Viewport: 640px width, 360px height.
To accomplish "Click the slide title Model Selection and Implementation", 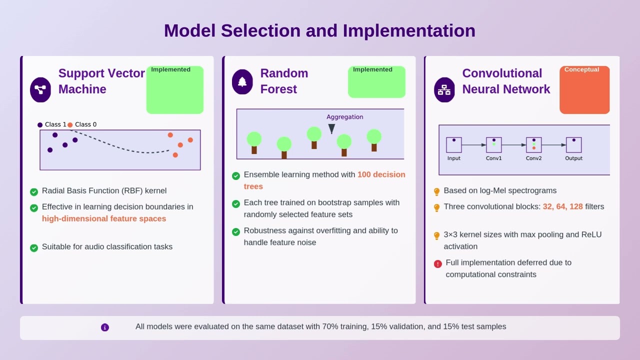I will click(319, 30).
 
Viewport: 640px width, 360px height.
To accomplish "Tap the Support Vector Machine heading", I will click(101, 81).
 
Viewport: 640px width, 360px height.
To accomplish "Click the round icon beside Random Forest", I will click(242, 82).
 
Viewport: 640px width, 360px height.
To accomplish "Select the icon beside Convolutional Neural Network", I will click(444, 90).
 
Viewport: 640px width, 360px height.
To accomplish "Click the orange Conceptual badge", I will click(584, 90).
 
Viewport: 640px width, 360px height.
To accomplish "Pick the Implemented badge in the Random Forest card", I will click(376, 81).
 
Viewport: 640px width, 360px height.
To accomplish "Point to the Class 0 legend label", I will click(85, 124).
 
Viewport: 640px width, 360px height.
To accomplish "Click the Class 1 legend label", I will click(55, 124).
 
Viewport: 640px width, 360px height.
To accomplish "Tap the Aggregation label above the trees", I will click(344, 117).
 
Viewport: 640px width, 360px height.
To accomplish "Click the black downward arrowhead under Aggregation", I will click(331, 129).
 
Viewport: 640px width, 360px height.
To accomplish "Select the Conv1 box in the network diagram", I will click(493, 145).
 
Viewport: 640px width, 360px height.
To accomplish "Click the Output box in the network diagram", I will click(573, 145).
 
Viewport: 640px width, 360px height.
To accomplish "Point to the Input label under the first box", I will click(453, 158).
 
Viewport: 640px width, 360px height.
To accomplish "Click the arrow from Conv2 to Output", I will click(553, 145).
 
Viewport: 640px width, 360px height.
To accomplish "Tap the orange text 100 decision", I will click(381, 174).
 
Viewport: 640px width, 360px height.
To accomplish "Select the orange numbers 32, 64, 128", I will click(562, 206).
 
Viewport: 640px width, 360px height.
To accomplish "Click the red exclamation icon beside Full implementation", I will click(437, 263).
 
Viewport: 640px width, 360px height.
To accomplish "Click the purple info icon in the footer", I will click(105, 327).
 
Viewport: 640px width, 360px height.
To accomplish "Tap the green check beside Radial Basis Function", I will click(34, 191).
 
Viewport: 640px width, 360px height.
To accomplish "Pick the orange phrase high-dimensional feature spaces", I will click(104, 218).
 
